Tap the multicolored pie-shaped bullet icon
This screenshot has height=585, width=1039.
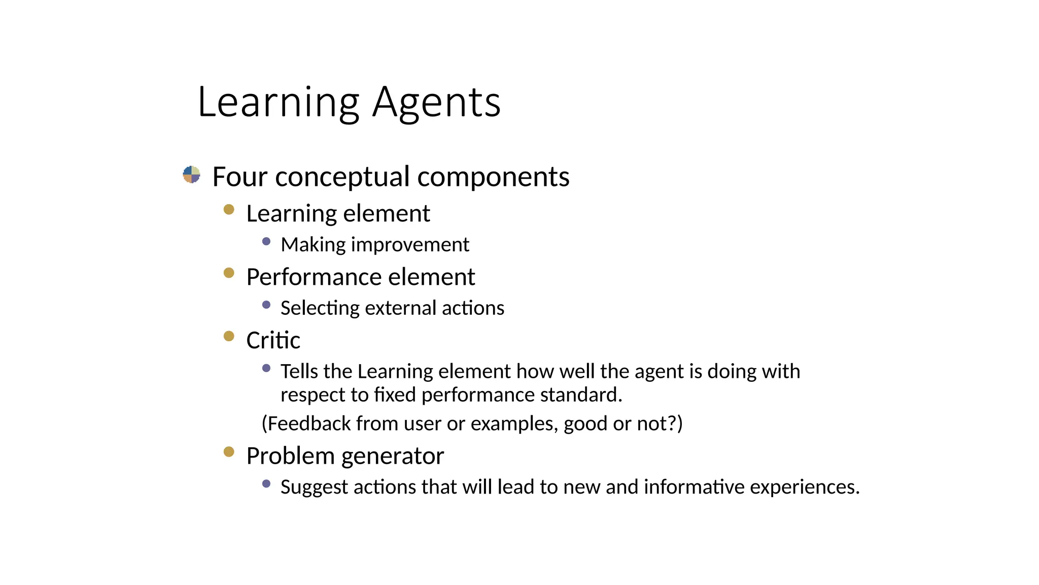tap(191, 175)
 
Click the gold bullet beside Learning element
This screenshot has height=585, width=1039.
tap(229, 209)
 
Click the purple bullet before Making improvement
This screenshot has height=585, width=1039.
tap(266, 242)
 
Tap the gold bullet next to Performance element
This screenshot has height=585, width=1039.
tap(229, 273)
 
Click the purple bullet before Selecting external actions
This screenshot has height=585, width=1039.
tap(266, 305)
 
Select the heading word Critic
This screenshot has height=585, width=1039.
tap(273, 340)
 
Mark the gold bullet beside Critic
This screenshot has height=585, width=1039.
tap(229, 336)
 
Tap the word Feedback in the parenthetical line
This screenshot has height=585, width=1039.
tap(309, 424)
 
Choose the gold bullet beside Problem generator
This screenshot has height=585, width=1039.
tap(229, 451)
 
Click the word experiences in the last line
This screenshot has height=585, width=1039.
tap(804, 487)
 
